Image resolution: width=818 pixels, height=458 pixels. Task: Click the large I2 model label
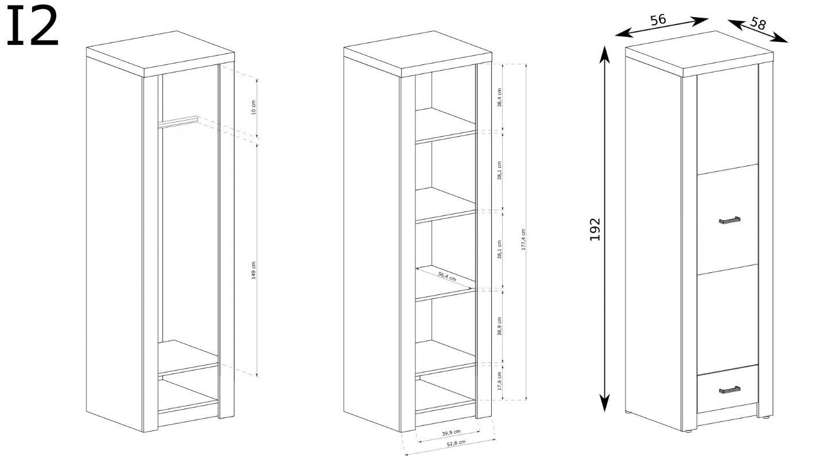pyautogui.click(x=33, y=26)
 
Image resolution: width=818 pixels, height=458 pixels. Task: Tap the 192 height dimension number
pyautogui.click(x=595, y=229)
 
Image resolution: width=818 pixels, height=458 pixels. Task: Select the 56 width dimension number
pyautogui.click(x=658, y=20)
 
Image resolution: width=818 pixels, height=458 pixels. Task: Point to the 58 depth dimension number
pyautogui.click(x=758, y=24)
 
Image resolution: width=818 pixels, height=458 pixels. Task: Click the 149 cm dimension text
pyautogui.click(x=254, y=270)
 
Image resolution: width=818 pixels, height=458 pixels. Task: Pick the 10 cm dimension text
pyautogui.click(x=254, y=107)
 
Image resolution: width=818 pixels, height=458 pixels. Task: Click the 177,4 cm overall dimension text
pyautogui.click(x=523, y=239)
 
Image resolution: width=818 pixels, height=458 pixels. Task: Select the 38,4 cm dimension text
pyautogui.click(x=499, y=98)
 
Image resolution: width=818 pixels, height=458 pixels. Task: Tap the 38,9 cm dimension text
pyautogui.click(x=499, y=326)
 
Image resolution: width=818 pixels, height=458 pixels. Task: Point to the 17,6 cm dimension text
pyautogui.click(x=499, y=380)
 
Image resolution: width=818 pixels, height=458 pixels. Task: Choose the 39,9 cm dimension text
pyautogui.click(x=452, y=433)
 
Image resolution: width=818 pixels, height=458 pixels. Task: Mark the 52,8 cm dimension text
pyautogui.click(x=456, y=443)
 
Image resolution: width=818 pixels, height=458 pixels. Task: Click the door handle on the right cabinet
pyautogui.click(x=730, y=220)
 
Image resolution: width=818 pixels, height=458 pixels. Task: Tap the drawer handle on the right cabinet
pyautogui.click(x=730, y=390)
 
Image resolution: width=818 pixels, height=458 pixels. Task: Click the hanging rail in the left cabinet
pyautogui.click(x=178, y=122)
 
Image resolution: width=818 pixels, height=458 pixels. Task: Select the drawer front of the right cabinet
pyautogui.click(x=727, y=388)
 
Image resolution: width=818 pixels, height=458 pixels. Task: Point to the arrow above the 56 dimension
pyautogui.click(x=662, y=27)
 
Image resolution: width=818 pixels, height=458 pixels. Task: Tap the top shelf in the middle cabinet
pyautogui.click(x=446, y=125)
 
